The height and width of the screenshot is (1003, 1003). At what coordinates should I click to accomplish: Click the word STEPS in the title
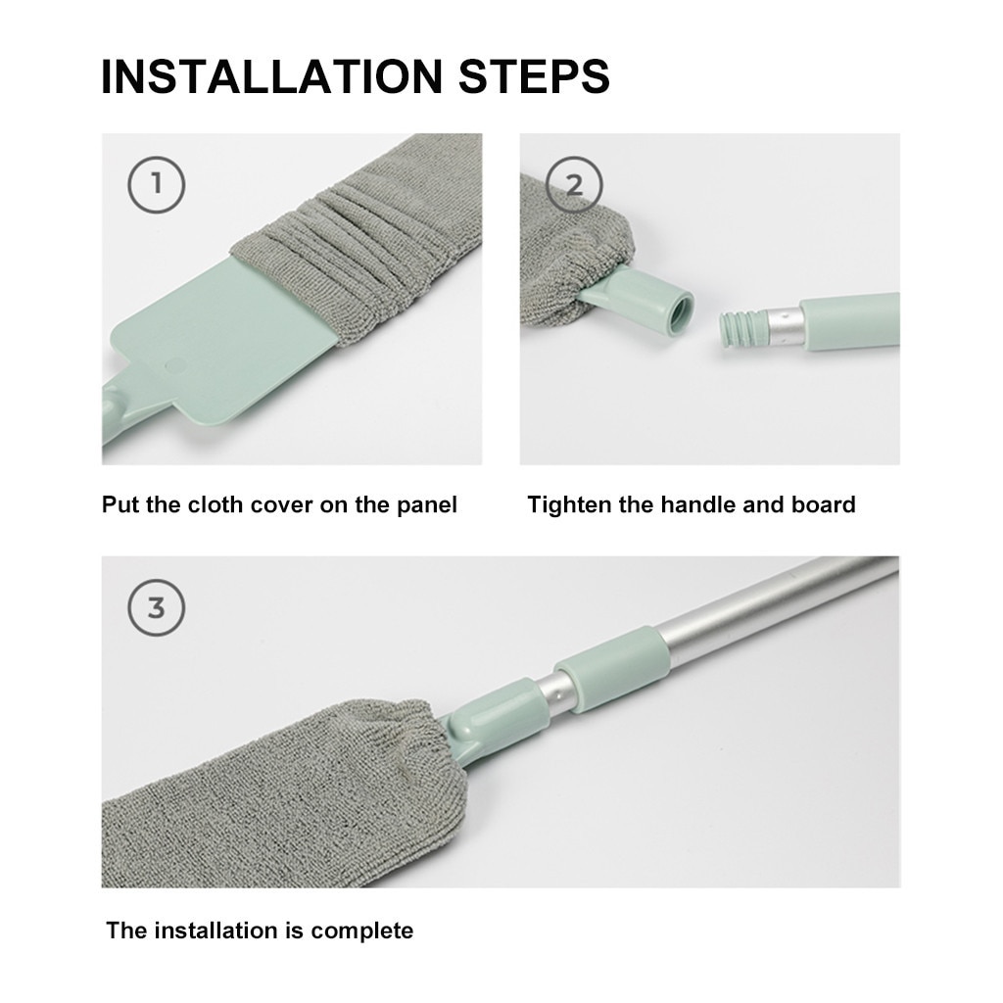pyautogui.click(x=530, y=76)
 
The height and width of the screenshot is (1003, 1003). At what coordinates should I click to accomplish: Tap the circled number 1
pyautogui.click(x=156, y=183)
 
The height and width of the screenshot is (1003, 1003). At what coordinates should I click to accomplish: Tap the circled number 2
pyautogui.click(x=574, y=183)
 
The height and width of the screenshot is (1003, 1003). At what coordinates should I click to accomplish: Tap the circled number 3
pyautogui.click(x=156, y=607)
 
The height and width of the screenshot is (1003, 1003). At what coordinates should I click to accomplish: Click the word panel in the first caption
pyautogui.click(x=426, y=505)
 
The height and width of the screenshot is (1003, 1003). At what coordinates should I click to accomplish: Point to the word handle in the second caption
pyautogui.click(x=699, y=505)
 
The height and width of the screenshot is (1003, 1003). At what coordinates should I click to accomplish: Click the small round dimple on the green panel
pyautogui.click(x=176, y=364)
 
